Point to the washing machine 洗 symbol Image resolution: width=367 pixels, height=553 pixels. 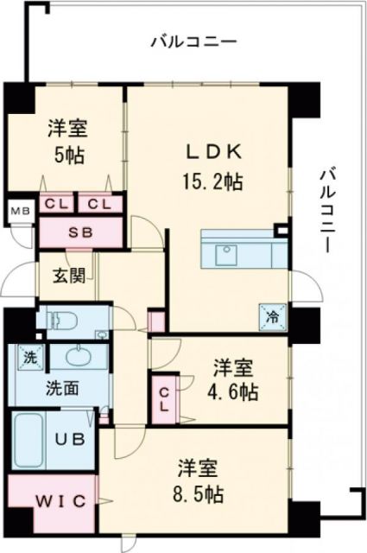(28, 356)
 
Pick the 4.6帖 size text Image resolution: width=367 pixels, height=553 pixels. (234, 391)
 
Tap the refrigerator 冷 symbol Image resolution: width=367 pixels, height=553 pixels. (270, 316)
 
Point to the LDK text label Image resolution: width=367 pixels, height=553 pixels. (212, 152)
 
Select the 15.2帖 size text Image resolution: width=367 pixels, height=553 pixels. (212, 181)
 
